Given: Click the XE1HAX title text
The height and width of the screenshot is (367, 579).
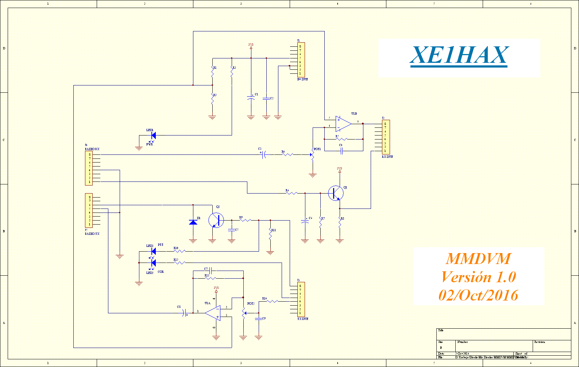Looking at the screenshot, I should (459, 55).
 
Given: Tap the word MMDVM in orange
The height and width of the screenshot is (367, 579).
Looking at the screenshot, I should (478, 259).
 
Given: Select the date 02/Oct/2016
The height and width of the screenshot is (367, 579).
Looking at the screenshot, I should (478, 295).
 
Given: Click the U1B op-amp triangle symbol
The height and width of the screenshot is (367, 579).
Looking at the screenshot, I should (343, 124).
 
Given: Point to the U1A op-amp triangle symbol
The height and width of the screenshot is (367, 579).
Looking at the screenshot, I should (213, 313).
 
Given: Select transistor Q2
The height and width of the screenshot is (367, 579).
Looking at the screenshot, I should (216, 220).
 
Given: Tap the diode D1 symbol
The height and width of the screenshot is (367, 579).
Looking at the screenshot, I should (193, 222).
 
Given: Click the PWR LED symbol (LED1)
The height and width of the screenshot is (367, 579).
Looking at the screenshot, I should (153, 135).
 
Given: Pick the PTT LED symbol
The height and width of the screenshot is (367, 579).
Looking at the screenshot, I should (153, 251).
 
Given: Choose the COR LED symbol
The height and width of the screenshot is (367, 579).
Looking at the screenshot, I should (153, 263).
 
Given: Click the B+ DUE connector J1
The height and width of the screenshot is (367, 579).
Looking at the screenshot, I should (301, 60).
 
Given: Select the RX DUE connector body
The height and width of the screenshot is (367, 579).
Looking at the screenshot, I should (386, 137).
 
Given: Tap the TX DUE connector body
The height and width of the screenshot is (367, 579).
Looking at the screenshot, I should (301, 299).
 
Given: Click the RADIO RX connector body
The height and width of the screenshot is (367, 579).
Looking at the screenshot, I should (89, 168).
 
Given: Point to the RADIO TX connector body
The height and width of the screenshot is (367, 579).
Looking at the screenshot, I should (89, 211).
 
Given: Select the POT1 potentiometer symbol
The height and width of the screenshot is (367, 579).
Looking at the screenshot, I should (312, 155).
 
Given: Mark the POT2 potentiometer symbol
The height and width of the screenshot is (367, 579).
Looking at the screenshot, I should (243, 313).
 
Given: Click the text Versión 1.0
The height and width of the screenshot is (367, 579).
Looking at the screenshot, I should (478, 277).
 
